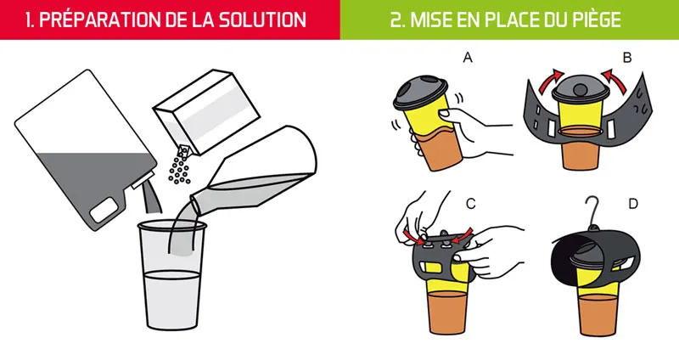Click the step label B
[626, 58]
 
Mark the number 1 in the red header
[17, 20]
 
